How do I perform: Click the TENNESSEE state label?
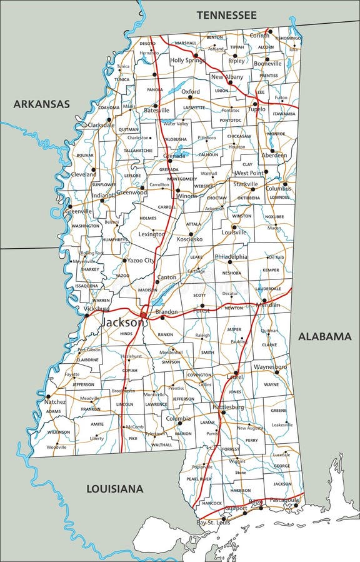pyautogui.click(x=226, y=14)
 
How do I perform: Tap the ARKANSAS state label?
pyautogui.click(x=42, y=104)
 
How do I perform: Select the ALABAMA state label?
pyautogui.click(x=324, y=336)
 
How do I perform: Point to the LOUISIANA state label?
pyautogui.click(x=114, y=488)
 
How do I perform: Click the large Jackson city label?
pyautogui.click(x=121, y=322)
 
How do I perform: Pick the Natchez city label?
pyautogui.click(x=55, y=402)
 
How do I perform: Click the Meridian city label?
pyautogui.click(x=267, y=305)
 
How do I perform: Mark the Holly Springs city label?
pyautogui.click(x=187, y=60)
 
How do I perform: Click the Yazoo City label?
pyautogui.click(x=141, y=260)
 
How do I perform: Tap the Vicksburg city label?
pyautogui.click(x=96, y=309)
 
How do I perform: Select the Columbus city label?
pyautogui.click(x=278, y=188)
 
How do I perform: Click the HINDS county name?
pyautogui.click(x=126, y=334)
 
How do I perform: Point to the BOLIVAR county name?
pyautogui.click(x=85, y=154)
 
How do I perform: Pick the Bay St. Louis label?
pyautogui.click(x=213, y=522)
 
